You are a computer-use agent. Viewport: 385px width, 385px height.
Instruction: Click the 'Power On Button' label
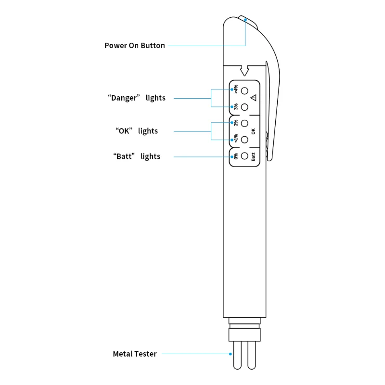(135, 46)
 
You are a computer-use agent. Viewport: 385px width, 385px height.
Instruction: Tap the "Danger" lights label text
(137, 98)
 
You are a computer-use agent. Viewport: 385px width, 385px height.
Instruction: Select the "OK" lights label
(137, 131)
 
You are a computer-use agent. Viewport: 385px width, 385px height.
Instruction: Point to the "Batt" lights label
(137, 156)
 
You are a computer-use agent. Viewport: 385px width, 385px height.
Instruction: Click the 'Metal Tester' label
(135, 354)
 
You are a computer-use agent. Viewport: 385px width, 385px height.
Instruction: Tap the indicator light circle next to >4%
(244, 90)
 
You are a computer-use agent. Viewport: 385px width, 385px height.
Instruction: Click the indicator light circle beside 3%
(244, 107)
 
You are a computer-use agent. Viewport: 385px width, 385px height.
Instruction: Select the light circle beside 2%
(244, 123)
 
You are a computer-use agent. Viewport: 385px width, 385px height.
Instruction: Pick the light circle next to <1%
(244, 140)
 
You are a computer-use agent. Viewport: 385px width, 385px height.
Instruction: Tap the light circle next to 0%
(244, 156)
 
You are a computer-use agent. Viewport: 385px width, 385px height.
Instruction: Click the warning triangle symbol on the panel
(253, 98)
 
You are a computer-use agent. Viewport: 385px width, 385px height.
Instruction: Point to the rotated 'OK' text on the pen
(253, 131)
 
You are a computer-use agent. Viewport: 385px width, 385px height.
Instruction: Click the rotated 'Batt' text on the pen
(253, 156)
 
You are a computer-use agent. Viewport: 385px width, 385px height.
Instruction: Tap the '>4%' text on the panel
(236, 89)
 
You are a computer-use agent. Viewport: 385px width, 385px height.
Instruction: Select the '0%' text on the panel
(236, 156)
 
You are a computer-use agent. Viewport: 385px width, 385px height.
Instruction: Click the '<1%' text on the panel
(236, 139)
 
